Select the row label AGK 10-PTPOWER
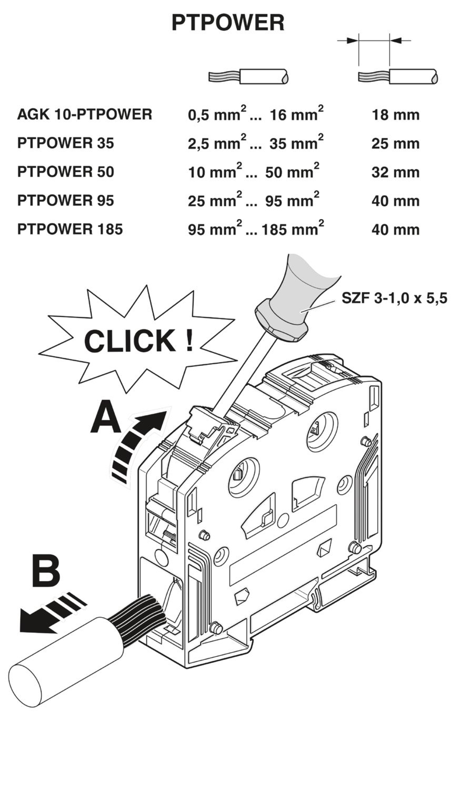(x=84, y=114)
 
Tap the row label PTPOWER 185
(x=70, y=229)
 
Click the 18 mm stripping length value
(x=395, y=115)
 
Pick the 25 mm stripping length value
(x=395, y=144)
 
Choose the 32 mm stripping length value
(x=395, y=172)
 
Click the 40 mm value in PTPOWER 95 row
(x=395, y=201)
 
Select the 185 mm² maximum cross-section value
(x=291, y=229)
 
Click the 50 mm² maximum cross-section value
(x=291, y=172)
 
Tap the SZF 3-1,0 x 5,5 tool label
(x=394, y=298)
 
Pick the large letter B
(x=46, y=571)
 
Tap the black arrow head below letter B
(x=33, y=621)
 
